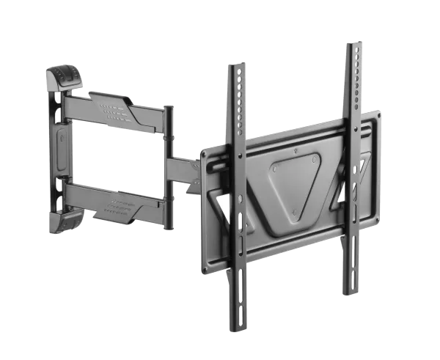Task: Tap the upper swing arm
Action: pyautogui.click(x=117, y=109)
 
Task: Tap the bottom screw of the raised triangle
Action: pyautogui.click(x=294, y=213)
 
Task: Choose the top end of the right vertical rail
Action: pyautogui.click(x=353, y=48)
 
